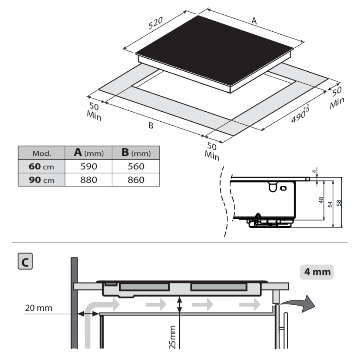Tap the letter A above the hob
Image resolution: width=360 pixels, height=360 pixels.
[254, 22]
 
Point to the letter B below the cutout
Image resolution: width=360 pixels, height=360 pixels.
[151, 126]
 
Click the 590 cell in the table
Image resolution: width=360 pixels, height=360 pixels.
[88, 166]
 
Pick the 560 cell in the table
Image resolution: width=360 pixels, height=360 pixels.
[136, 166]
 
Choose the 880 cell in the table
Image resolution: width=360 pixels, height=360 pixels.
[88, 179]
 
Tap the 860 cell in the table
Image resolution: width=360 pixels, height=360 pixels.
[136, 179]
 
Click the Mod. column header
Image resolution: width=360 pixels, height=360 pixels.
[42, 153]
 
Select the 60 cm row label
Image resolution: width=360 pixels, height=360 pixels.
[42, 166]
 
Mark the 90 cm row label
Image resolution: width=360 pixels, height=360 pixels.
[42, 179]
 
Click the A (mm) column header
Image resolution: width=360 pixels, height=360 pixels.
[88, 153]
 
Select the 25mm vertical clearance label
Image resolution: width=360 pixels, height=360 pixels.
[173, 337]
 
